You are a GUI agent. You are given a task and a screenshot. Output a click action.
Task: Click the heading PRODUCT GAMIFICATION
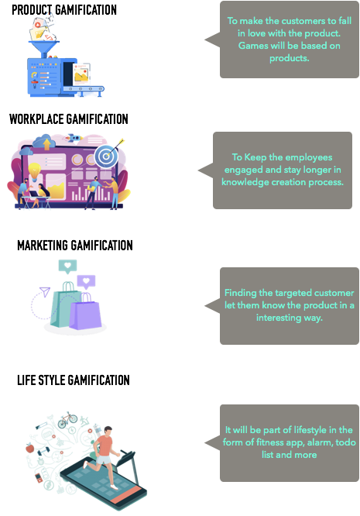(x=64, y=10)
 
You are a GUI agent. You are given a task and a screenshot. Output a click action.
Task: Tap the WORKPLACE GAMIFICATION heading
(x=69, y=119)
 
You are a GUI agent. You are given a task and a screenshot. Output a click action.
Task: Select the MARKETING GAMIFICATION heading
(x=75, y=246)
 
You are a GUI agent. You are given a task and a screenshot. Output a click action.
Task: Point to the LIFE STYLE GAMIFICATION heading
(x=74, y=380)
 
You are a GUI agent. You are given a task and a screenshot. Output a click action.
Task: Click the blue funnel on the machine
(x=43, y=47)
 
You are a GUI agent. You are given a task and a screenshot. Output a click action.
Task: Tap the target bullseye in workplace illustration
(x=106, y=157)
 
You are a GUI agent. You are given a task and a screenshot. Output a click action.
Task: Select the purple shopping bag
(x=85, y=312)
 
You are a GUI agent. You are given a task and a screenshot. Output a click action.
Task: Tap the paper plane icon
(x=45, y=291)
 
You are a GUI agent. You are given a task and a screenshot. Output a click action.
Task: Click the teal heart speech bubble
(x=67, y=267)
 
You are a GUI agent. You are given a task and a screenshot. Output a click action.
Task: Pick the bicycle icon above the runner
(x=67, y=419)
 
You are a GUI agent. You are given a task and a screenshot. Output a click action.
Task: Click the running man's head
(x=108, y=430)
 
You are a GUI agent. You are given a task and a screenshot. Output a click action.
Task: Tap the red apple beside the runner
(x=30, y=448)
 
